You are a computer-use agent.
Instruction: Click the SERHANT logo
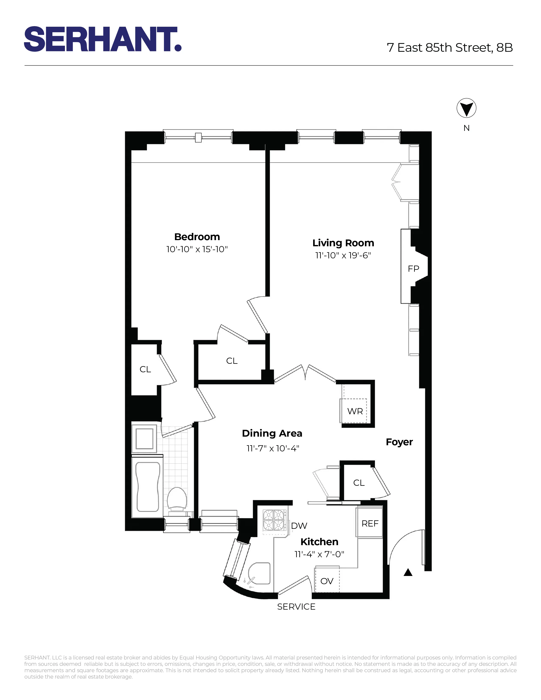click(102, 39)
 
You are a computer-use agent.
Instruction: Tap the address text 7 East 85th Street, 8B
click(450, 48)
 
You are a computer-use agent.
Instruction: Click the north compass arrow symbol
click(466, 108)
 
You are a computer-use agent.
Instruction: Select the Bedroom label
click(197, 237)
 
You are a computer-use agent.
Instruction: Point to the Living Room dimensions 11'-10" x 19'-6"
click(343, 255)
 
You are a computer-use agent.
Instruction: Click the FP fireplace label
click(413, 269)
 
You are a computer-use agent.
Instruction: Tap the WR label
click(355, 411)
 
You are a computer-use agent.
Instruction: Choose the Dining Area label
click(272, 433)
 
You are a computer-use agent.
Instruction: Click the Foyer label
click(399, 442)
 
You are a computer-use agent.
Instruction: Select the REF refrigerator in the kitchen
click(370, 523)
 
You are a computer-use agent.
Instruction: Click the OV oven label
click(327, 581)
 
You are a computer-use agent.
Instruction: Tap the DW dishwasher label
click(299, 526)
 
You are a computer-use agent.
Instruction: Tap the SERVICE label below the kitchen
click(296, 607)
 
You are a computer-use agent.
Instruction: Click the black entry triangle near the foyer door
click(408, 572)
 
